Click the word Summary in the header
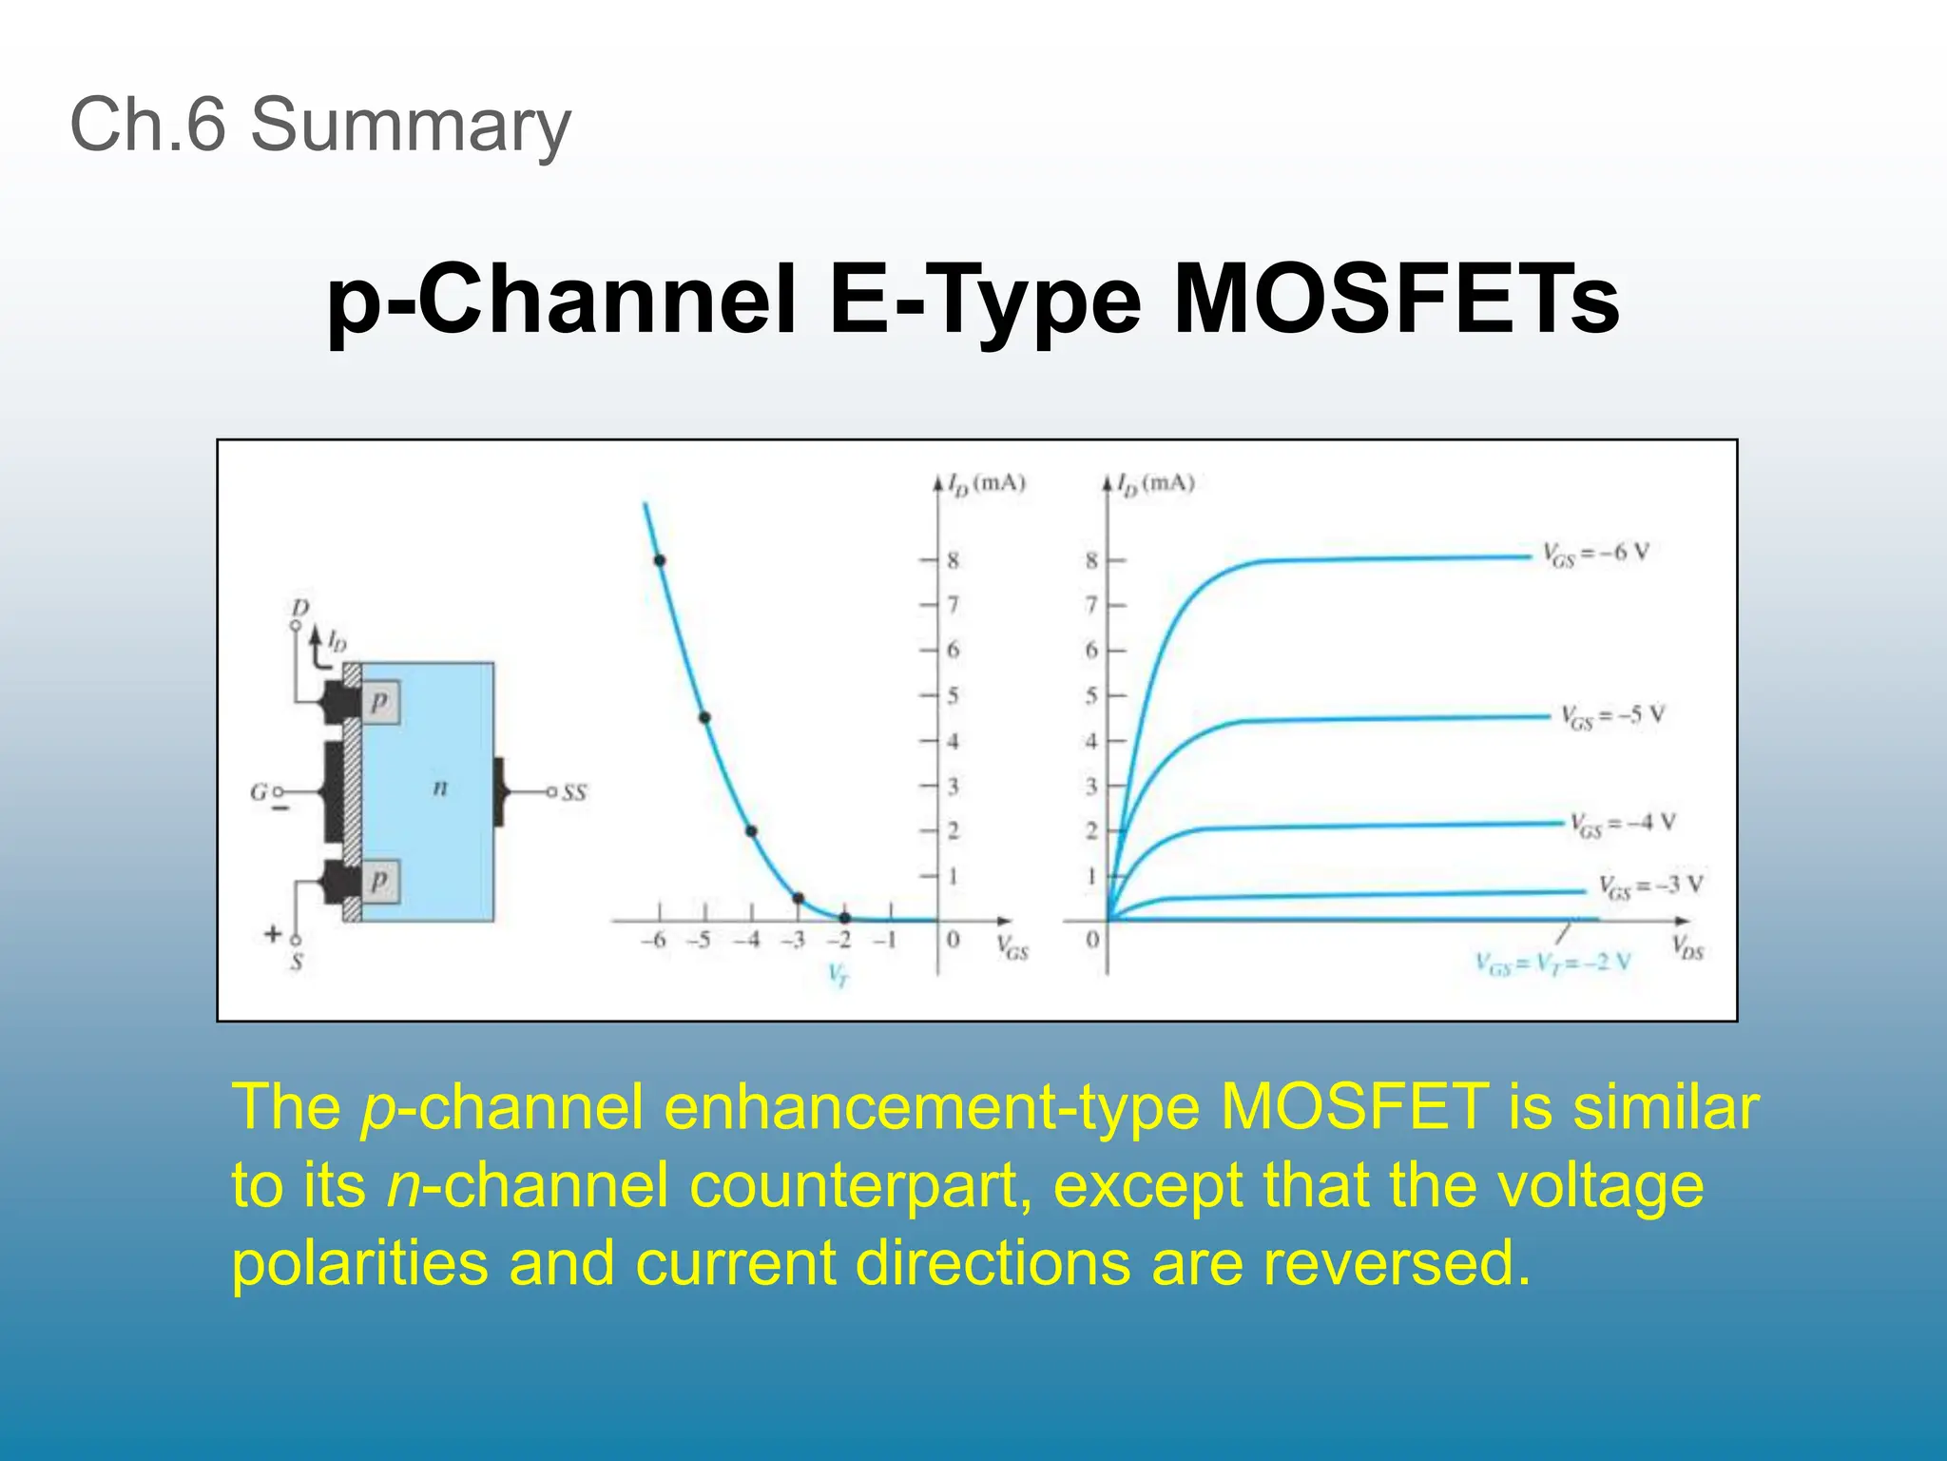410,126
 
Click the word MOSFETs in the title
1396,300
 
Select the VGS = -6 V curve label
1595,555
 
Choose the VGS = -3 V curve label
1650,886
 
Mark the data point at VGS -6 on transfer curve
659,560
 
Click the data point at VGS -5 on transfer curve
704,717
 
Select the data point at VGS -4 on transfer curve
751,831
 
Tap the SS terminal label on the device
574,792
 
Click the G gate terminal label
258,791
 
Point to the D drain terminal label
300,608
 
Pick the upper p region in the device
379,703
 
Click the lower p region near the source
379,880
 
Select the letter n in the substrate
439,788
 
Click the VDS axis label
1687,947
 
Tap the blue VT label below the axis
838,975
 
